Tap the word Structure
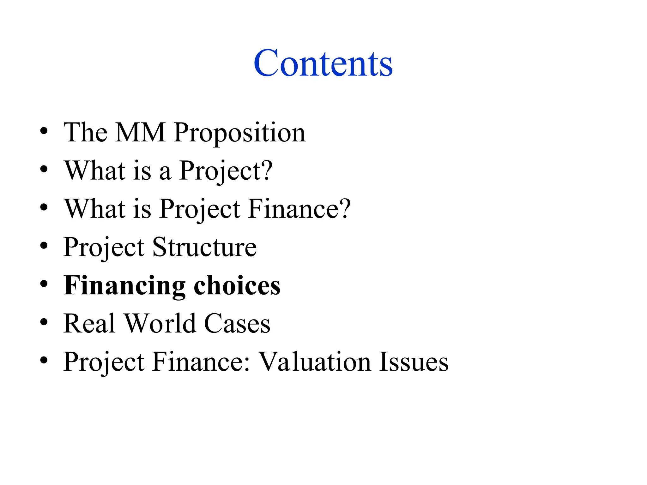click(204, 247)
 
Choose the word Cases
click(237, 323)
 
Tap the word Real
click(89, 323)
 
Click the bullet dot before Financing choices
click(44, 284)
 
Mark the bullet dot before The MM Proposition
click(44, 131)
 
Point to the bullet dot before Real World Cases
click(44, 322)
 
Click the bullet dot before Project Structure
click(44, 246)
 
